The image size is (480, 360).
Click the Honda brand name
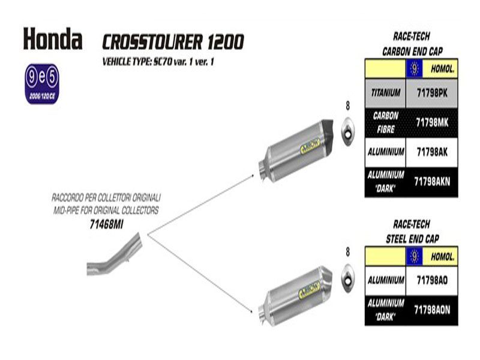[53, 39]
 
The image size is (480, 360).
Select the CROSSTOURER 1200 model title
[173, 41]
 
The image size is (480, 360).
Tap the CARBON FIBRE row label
[386, 121]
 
